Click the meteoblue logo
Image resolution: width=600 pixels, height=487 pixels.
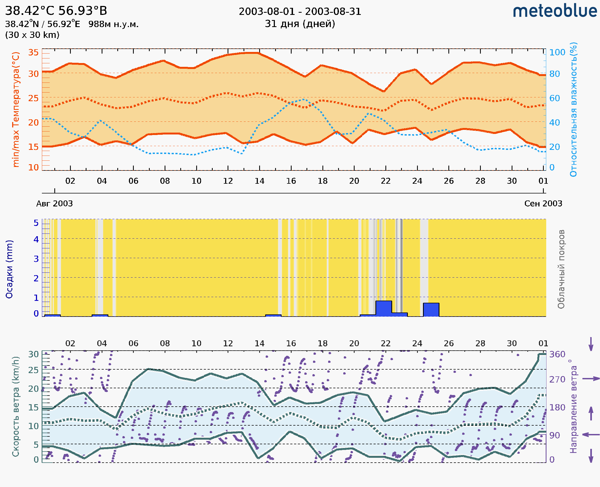tap(555, 11)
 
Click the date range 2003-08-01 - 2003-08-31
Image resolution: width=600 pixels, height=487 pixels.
tap(300, 12)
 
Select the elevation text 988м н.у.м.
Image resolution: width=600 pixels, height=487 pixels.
tap(113, 24)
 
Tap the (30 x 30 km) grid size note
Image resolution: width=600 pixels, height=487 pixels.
tap(32, 35)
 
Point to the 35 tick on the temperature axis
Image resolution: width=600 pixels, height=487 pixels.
tap(33, 52)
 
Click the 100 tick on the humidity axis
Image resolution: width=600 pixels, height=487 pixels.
tap(557, 52)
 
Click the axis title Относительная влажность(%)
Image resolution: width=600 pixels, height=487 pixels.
tap(573, 109)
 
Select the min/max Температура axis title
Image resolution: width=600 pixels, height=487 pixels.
tap(16, 109)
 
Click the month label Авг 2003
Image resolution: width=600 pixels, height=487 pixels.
tap(54, 203)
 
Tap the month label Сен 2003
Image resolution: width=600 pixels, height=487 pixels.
tap(543, 203)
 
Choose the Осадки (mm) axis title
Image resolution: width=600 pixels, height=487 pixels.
tap(9, 269)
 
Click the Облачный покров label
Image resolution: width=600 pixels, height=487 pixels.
tap(561, 269)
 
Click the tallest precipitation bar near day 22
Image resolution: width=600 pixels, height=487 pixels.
tap(383, 308)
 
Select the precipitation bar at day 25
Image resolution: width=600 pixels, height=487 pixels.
tap(431, 310)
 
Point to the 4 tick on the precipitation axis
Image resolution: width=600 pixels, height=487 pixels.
tap(36, 239)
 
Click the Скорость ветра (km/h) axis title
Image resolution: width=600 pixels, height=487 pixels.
tap(16, 406)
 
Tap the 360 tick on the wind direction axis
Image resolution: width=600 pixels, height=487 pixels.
tap(557, 354)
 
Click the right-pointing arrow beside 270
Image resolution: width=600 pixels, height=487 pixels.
tap(591, 379)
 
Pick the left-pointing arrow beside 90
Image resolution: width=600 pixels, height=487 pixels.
tap(591, 435)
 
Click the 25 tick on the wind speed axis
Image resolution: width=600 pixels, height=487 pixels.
tap(33, 370)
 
